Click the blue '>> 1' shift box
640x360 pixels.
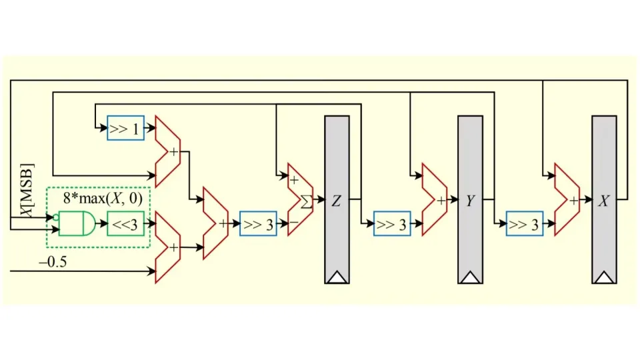(x=126, y=128)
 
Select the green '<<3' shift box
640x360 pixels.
(x=126, y=224)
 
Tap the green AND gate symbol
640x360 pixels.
(x=77, y=224)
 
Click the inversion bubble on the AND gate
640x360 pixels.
(x=56, y=217)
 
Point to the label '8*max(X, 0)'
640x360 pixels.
(x=103, y=199)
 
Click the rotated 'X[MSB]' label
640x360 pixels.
(x=27, y=190)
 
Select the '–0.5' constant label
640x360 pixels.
(x=53, y=261)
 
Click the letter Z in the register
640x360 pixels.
(x=336, y=201)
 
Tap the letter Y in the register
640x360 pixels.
(x=470, y=201)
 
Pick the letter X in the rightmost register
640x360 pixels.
(x=604, y=201)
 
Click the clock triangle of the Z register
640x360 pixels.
(x=337, y=277)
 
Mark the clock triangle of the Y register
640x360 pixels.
(x=470, y=277)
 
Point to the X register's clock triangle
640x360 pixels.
(x=604, y=277)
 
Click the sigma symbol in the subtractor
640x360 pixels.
(x=307, y=201)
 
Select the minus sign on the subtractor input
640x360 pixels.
(x=294, y=223)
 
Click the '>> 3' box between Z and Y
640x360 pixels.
(x=392, y=224)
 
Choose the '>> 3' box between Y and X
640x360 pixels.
(x=525, y=224)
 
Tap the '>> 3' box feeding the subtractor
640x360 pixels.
(x=259, y=224)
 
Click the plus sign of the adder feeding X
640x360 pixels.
(x=574, y=201)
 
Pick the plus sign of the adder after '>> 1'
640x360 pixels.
(x=174, y=152)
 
